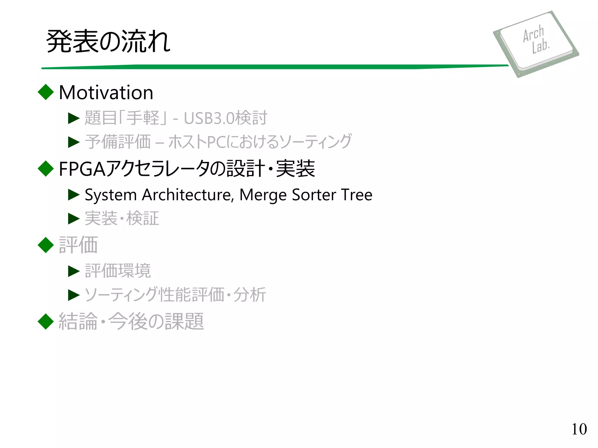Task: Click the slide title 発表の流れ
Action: click(x=108, y=41)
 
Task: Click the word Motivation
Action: click(x=106, y=93)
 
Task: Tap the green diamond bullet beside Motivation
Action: click(x=46, y=92)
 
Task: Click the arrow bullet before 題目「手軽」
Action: click(x=74, y=118)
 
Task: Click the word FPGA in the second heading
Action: click(x=82, y=169)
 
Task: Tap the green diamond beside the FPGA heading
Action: click(x=46, y=169)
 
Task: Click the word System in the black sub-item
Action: click(x=111, y=195)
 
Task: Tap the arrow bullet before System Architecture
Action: click(x=74, y=195)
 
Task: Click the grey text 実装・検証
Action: click(x=122, y=218)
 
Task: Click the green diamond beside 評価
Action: click(x=46, y=245)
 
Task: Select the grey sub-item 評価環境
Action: click(x=118, y=271)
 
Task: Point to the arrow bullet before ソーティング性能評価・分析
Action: click(x=74, y=295)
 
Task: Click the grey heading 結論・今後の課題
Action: click(x=131, y=321)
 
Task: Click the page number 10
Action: click(x=579, y=429)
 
